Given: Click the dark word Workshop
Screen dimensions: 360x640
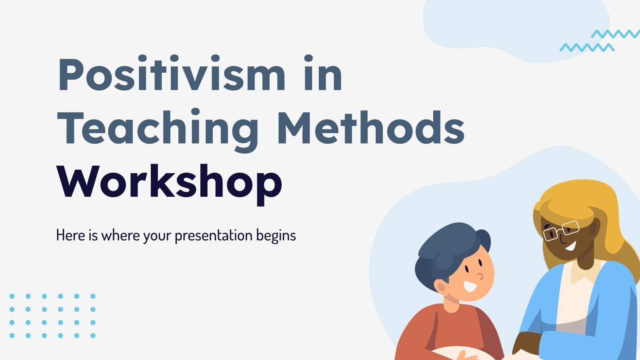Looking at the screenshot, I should click(x=170, y=182).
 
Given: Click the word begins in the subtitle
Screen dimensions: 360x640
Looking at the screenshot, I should click(x=276, y=236).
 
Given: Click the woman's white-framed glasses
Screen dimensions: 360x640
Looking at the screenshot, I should click(x=561, y=230).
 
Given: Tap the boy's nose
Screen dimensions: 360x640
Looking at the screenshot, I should click(x=480, y=276).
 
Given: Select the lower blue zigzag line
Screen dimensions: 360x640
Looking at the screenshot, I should click(x=587, y=48).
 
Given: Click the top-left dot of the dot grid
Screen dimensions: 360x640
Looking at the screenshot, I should click(x=12, y=296).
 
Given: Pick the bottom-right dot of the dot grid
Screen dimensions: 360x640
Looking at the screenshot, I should click(x=93, y=336).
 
